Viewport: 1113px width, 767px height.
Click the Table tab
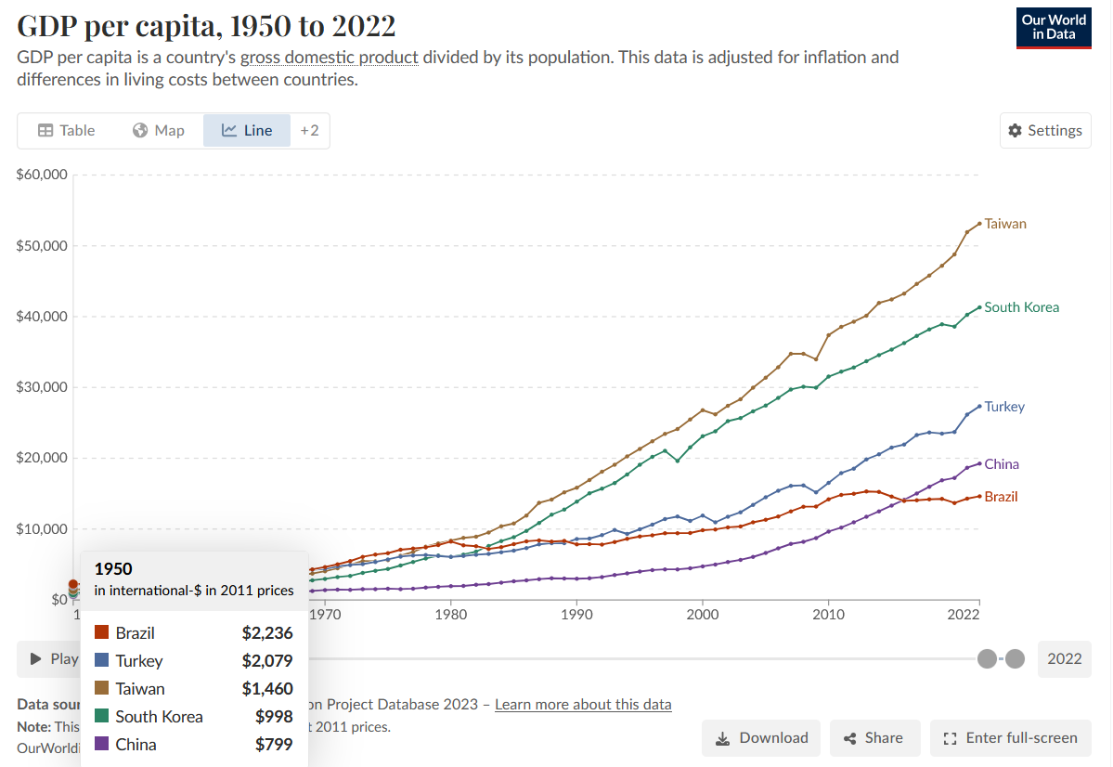(66, 131)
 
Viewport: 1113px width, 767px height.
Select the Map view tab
(159, 131)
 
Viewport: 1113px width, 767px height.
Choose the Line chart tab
(247, 131)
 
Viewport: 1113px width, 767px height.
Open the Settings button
(1045, 131)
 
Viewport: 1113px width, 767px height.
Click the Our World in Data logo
(1054, 27)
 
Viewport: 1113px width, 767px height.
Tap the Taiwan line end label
(1005, 224)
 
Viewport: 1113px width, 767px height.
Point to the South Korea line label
(1021, 307)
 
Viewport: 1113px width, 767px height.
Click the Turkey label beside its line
(1004, 407)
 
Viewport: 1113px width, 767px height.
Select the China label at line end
(1002, 464)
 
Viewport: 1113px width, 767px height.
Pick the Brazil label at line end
(1001, 497)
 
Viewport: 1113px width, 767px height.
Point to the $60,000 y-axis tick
(42, 175)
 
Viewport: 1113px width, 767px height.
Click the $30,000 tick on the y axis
(42, 387)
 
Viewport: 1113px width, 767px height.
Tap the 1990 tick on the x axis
(576, 614)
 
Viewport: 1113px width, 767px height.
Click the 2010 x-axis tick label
(828, 614)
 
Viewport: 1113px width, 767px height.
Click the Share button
(874, 738)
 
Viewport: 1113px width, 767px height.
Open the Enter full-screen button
(1010, 738)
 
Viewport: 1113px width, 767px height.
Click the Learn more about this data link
(583, 704)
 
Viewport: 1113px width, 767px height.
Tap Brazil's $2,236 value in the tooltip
(267, 633)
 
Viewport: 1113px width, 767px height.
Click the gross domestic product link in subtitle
(330, 58)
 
